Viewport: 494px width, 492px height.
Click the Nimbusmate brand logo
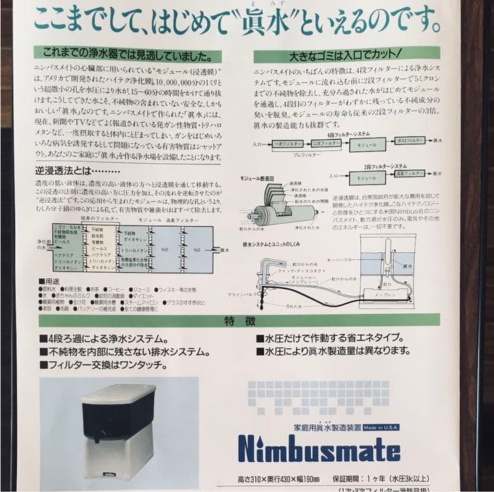click(319, 449)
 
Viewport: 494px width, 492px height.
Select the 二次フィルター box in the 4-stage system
click(325, 145)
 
